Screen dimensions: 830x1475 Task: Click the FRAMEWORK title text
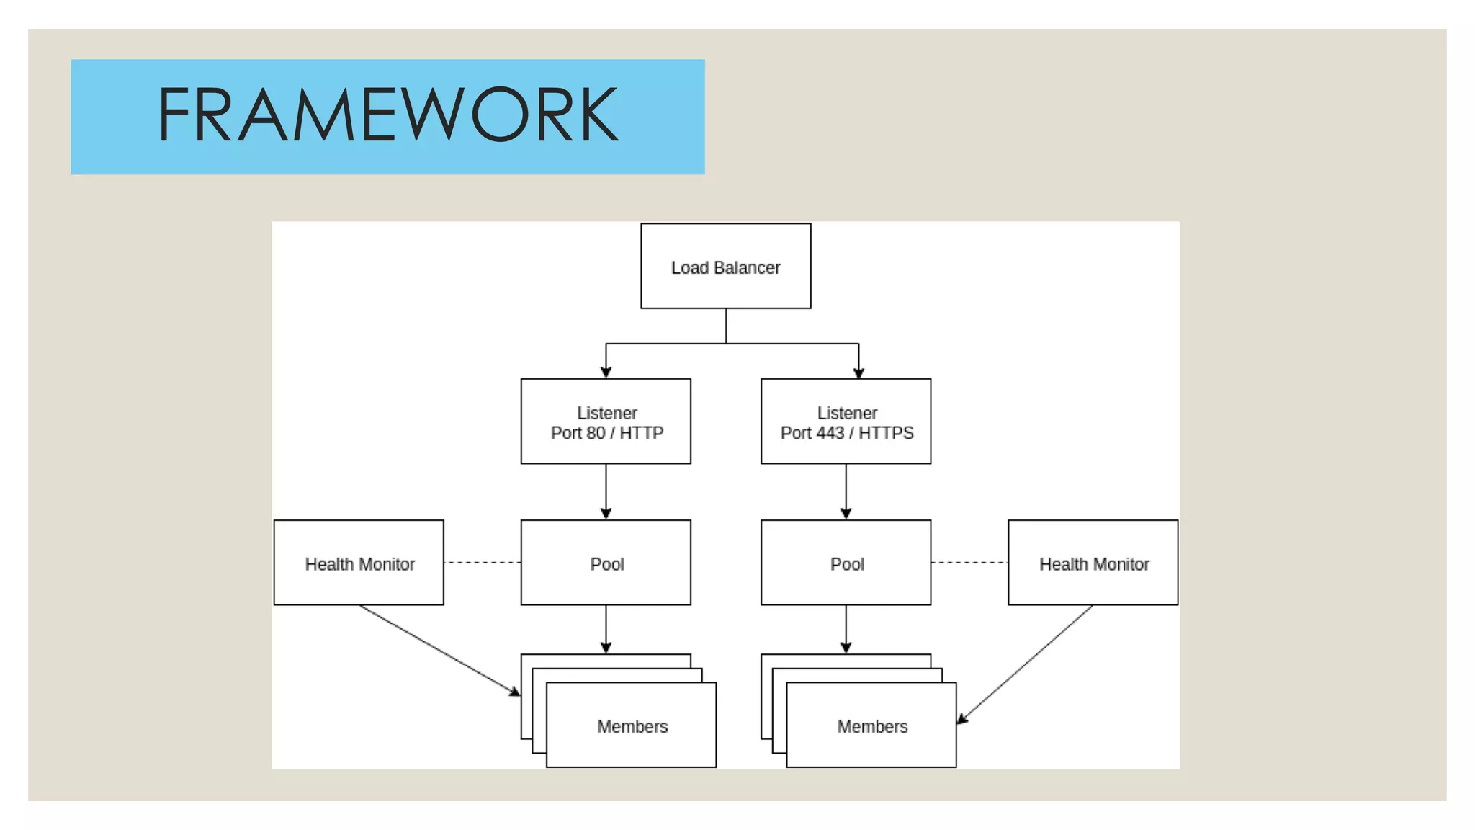click(387, 115)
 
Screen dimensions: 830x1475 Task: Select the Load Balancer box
click(725, 267)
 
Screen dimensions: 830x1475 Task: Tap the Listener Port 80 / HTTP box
click(606, 422)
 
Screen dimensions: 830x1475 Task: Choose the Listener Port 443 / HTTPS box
click(846, 422)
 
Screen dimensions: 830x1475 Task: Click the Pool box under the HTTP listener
click(606, 563)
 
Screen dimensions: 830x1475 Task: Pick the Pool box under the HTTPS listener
click(846, 563)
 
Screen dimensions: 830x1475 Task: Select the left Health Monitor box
click(359, 563)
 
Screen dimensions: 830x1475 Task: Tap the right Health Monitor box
click(1093, 563)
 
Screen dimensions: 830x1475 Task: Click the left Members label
click(632, 726)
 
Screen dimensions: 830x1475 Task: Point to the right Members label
click(871, 726)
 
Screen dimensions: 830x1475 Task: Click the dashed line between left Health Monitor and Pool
click(482, 563)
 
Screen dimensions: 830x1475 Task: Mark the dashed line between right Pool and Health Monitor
click(969, 563)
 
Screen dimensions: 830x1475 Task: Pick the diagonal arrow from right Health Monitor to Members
click(1026, 664)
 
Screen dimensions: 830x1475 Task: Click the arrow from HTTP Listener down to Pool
click(606, 490)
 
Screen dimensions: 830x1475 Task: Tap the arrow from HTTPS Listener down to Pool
click(846, 490)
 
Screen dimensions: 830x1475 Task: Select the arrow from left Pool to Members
click(606, 628)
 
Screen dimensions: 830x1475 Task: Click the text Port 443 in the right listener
click(812, 433)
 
